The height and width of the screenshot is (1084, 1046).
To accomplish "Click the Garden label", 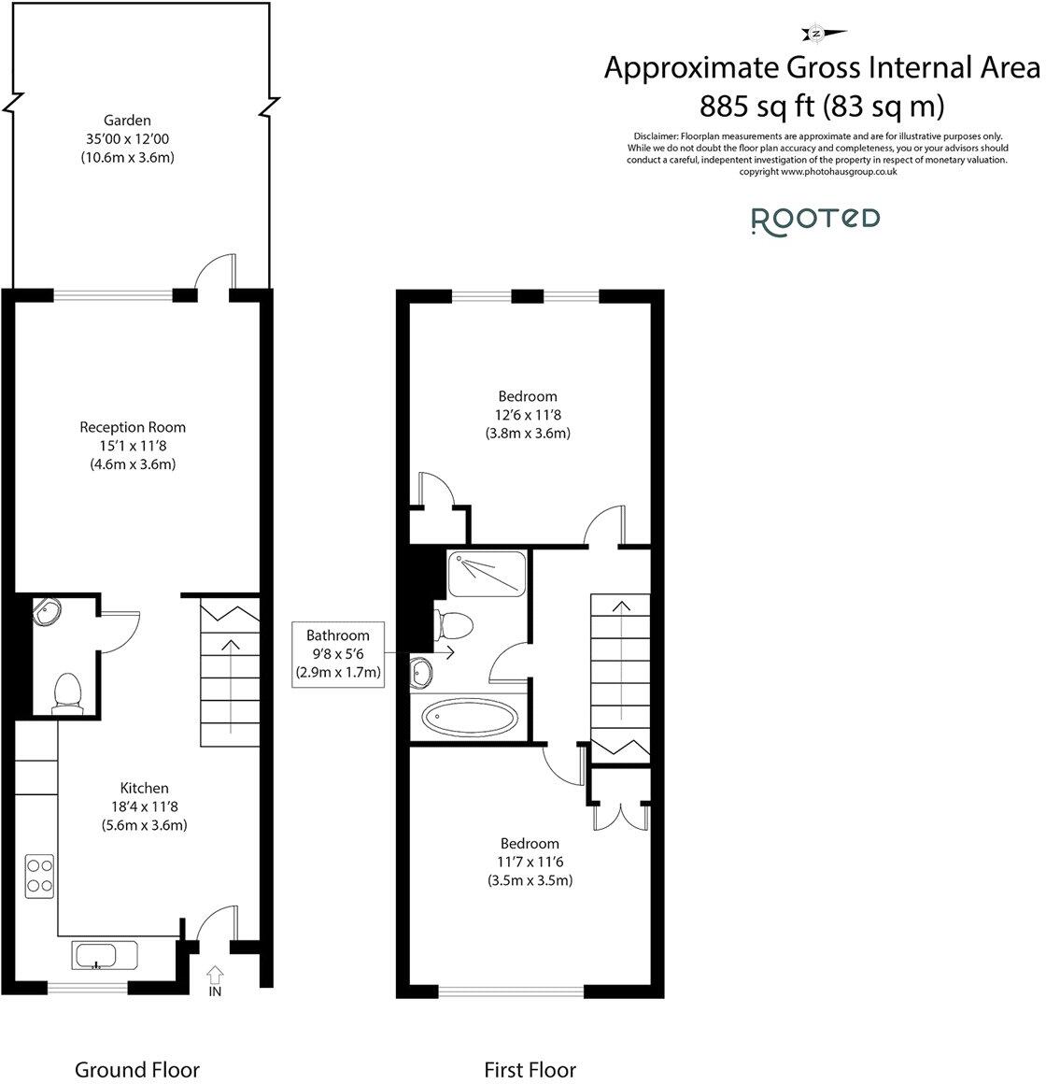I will tap(127, 121).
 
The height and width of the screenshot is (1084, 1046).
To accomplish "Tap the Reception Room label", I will tap(133, 427).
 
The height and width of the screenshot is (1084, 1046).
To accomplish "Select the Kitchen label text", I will tap(144, 788).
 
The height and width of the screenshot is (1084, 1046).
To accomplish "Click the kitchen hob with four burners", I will tap(39, 876).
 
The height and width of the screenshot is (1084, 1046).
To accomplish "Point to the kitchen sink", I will tap(95, 956).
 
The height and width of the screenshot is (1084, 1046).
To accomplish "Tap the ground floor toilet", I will tap(65, 693).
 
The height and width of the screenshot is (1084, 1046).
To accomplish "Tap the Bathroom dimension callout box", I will tap(338, 653).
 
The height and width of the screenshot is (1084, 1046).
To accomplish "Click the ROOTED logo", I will tap(815, 219).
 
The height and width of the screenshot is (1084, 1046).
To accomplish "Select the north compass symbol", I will tap(815, 35).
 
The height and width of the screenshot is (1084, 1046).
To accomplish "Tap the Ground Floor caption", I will tap(136, 1069).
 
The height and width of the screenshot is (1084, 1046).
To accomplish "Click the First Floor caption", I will tap(530, 1069).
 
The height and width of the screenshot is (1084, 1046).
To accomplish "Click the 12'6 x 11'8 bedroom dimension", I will tap(528, 415).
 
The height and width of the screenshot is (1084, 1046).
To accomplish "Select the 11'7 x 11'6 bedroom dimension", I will tap(530, 862).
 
